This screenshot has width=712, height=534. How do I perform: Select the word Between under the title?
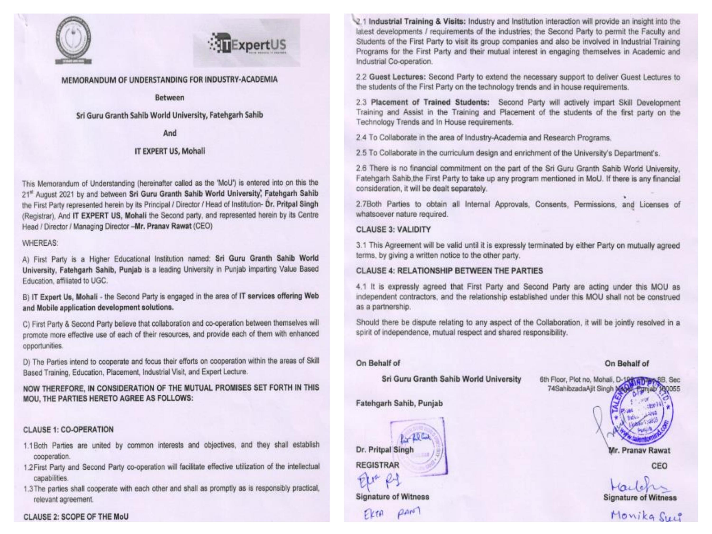click(170, 98)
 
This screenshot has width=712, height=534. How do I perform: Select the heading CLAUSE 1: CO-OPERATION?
click(68, 430)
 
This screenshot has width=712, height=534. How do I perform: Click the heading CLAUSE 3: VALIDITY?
click(393, 230)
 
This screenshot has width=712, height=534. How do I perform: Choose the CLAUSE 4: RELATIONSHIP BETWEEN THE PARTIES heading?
click(449, 271)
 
